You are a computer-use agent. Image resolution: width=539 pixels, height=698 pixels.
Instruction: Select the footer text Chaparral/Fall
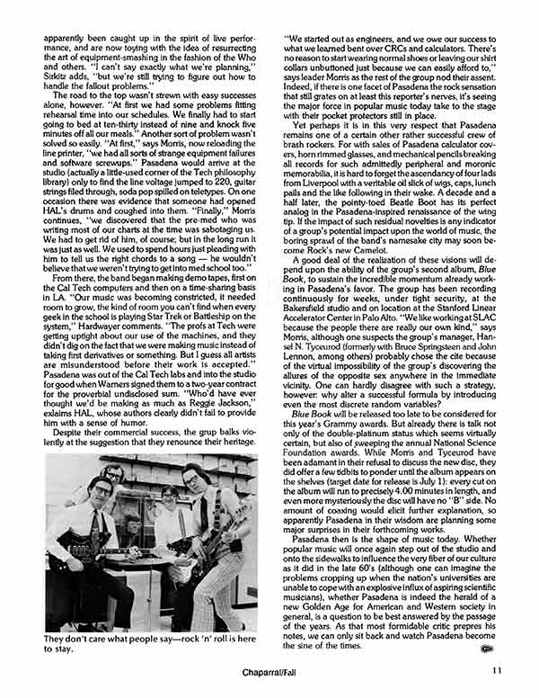(x=269, y=671)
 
